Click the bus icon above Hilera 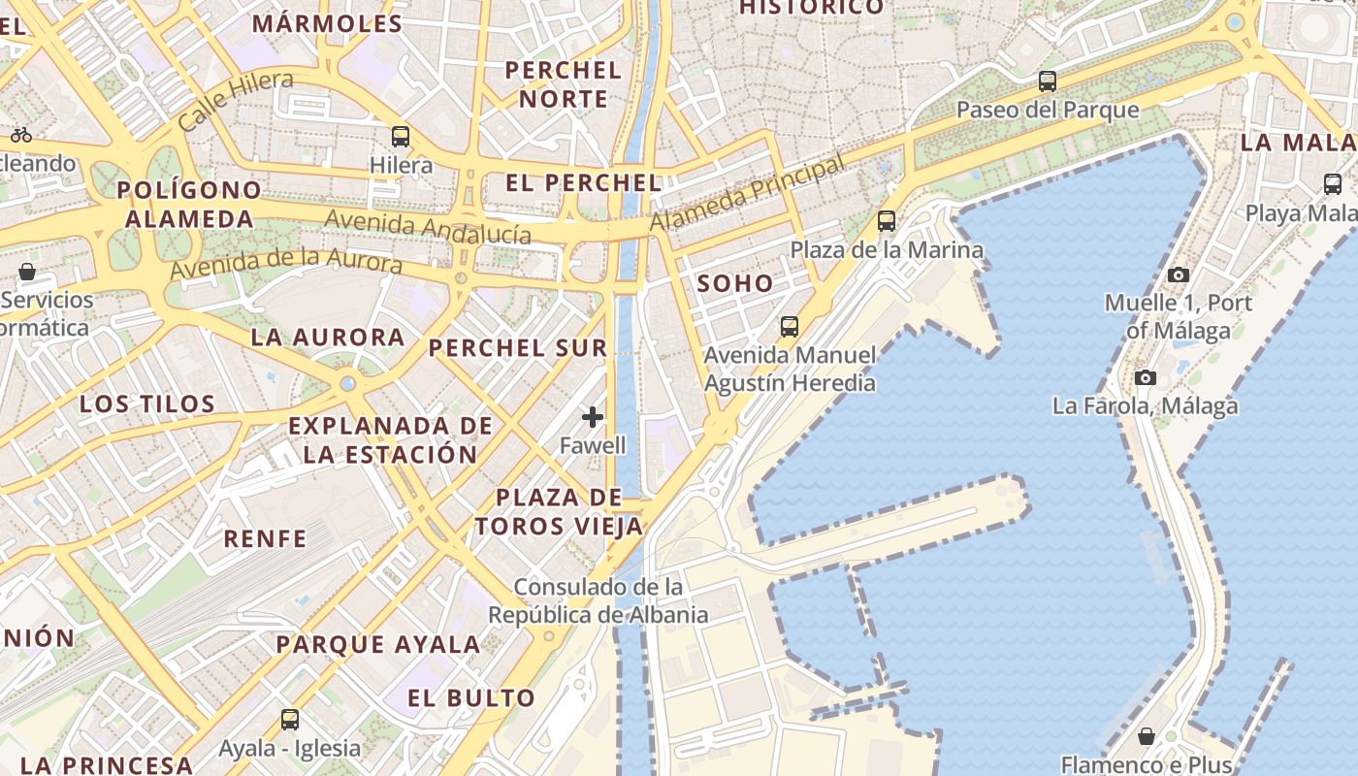[x=401, y=137]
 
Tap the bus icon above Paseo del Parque [x=1048, y=81]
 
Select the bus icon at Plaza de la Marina [x=887, y=221]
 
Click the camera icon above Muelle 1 [x=1179, y=275]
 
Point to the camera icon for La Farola [x=1146, y=377]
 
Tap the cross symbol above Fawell [x=593, y=418]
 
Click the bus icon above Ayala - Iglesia [x=290, y=720]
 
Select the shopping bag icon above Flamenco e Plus [x=1147, y=736]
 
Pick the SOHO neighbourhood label [x=735, y=284]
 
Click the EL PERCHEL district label [x=584, y=182]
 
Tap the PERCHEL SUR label [x=518, y=347]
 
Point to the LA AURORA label [x=328, y=338]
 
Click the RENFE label [x=265, y=538]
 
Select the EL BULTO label [x=471, y=697]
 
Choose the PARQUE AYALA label [x=378, y=644]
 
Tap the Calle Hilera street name [x=236, y=100]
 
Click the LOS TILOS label [x=147, y=404]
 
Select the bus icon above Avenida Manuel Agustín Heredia [x=790, y=327]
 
